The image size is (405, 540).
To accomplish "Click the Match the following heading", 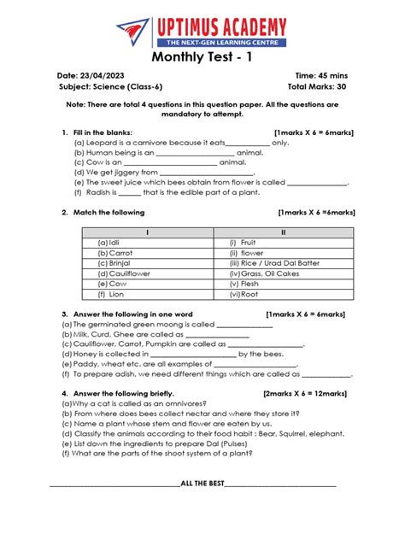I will coord(109,212).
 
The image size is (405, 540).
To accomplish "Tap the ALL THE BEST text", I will coord(202,483).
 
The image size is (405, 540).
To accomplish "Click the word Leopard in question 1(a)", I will coord(100,143).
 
